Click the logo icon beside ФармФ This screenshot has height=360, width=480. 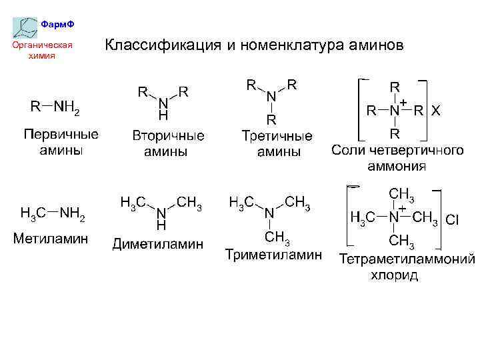(x=25, y=27)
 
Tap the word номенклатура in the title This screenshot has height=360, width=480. (x=287, y=46)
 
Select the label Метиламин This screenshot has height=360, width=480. (x=51, y=238)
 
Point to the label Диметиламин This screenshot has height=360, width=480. (x=157, y=244)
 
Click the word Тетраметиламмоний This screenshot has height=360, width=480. (x=407, y=259)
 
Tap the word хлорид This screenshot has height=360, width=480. (x=395, y=275)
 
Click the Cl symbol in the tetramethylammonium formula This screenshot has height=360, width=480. (x=452, y=219)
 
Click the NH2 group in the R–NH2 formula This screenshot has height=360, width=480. (x=67, y=107)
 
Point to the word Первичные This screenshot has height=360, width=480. (x=61, y=134)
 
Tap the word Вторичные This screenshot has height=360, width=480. (x=168, y=135)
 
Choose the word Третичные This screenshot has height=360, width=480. (x=277, y=136)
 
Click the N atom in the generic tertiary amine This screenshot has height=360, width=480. (x=271, y=97)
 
